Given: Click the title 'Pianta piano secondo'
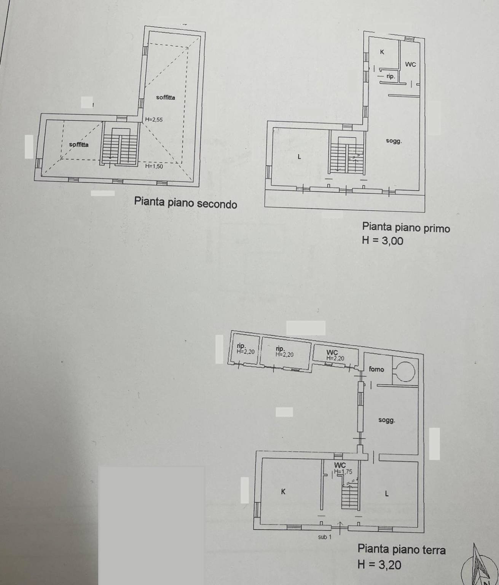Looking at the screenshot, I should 185,203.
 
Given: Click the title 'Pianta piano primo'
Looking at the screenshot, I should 406,227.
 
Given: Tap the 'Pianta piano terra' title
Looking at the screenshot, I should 401,549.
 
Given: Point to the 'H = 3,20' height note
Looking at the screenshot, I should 379,564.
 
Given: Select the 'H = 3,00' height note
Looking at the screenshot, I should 382,240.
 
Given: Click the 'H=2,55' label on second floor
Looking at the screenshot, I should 154,120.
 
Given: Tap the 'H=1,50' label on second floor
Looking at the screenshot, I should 154,166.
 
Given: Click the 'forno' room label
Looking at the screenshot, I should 376,369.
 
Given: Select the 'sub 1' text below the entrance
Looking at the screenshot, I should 325,537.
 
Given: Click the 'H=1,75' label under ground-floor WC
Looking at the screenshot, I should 343,472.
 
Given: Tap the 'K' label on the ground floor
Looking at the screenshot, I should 283,492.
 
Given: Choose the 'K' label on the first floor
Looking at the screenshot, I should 382,52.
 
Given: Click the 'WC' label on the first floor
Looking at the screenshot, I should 410,64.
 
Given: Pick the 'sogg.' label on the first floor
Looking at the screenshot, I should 394,141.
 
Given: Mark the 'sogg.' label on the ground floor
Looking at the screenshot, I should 386,420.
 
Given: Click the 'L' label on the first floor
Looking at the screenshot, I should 300,157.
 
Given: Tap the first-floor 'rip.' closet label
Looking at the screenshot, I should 391,76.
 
